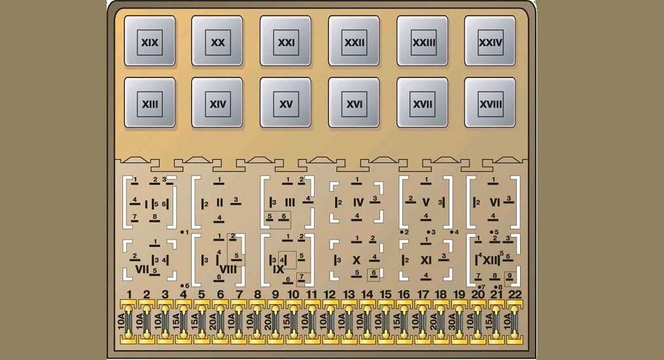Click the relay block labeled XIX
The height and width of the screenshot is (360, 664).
[150, 41]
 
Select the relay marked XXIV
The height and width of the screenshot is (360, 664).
[490, 41]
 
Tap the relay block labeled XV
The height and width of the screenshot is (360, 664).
[285, 103]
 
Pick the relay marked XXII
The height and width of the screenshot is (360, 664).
[354, 41]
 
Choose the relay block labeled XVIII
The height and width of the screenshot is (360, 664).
[490, 103]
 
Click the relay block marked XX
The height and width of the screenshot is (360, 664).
[217, 41]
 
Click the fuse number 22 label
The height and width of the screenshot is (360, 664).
[515, 295]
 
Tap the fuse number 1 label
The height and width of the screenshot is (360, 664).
[129, 295]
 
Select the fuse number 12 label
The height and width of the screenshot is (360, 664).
[330, 295]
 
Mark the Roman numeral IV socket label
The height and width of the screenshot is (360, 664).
[358, 203]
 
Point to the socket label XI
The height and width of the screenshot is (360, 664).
[426, 260]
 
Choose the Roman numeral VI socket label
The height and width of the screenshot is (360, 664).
[495, 203]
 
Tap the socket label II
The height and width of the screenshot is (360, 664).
[219, 203]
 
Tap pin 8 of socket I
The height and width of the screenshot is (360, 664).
[154, 218]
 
